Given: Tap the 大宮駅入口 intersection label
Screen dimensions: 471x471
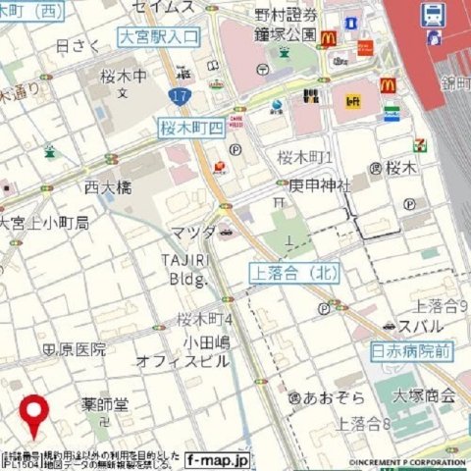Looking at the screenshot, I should (x=157, y=37).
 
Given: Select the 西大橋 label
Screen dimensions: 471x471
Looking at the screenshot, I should (x=107, y=185).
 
